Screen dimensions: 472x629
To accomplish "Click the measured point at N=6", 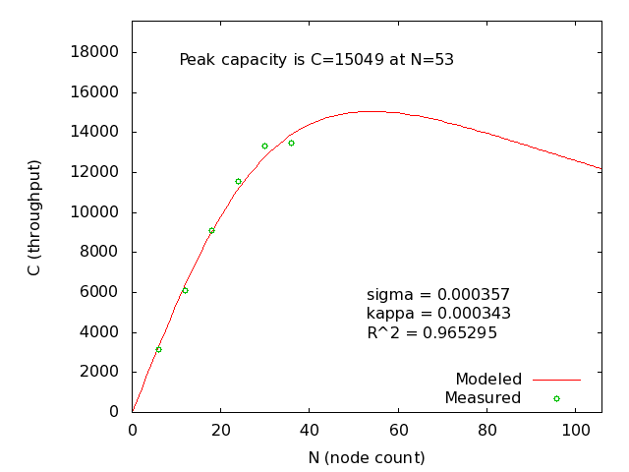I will point(158,349).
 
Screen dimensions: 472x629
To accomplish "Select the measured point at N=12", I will point(185,290).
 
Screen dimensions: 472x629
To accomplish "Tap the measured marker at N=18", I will point(211,230).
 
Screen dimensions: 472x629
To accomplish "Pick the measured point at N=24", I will point(238,181).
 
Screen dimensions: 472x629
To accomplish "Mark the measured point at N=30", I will point(264,146).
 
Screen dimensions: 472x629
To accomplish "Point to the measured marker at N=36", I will point(291,143).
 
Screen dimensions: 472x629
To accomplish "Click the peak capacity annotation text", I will point(316,60).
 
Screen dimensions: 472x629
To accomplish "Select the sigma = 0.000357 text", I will point(438,294).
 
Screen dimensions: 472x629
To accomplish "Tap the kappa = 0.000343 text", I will point(438,314).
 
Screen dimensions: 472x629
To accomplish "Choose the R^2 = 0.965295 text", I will point(431,333).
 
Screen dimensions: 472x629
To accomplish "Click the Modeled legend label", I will point(488,379).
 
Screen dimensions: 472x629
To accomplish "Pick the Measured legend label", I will point(483,398).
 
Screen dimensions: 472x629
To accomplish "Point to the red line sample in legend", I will point(556,379).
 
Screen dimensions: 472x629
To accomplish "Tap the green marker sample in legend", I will point(556,398).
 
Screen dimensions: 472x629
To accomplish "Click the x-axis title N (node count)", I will point(367,457).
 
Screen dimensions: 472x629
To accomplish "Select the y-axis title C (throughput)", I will point(34,217).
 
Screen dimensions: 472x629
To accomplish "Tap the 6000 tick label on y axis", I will point(100,292).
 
